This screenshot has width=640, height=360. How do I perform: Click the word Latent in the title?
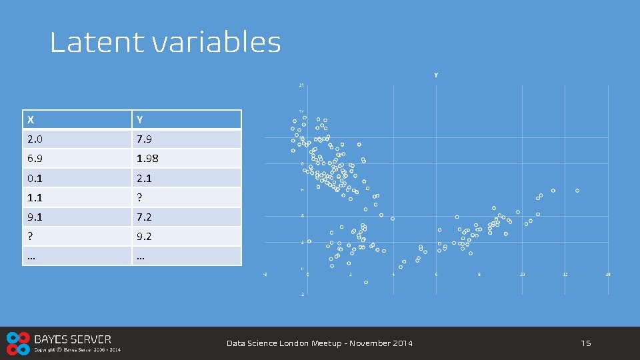(97, 43)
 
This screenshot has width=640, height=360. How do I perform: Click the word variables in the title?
(216, 43)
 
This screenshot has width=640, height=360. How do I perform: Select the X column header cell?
(76, 119)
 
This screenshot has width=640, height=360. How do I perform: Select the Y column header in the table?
(186, 119)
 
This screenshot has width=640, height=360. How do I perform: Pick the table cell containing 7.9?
(186, 139)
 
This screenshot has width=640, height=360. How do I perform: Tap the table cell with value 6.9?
(76, 159)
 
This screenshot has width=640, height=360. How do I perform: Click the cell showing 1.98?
(186, 159)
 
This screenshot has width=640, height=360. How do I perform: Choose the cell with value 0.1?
(76, 178)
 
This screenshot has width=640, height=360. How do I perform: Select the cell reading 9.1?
(76, 217)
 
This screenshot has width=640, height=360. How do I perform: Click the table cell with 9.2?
(186, 236)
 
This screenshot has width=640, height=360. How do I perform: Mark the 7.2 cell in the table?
(186, 217)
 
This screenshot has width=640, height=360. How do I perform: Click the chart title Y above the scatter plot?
(436, 75)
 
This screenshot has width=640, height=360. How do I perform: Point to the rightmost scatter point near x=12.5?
(577, 191)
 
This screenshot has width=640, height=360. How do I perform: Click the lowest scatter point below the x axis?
(366, 282)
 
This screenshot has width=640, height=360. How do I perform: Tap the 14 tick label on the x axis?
(607, 275)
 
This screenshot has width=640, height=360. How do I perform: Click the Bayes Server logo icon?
(18, 343)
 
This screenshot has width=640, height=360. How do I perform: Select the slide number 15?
(585, 343)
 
